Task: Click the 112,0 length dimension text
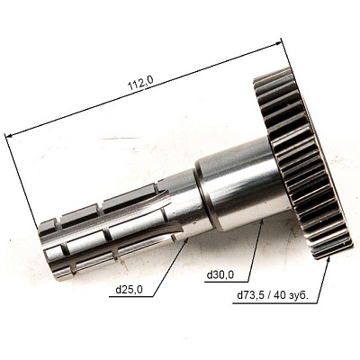[140, 84]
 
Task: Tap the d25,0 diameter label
[130, 290]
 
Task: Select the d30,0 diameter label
[220, 274]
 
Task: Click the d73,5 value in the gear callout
[250, 295]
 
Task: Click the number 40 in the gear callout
[279, 295]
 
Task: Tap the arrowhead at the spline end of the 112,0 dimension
[9, 137]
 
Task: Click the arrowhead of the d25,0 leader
[186, 241]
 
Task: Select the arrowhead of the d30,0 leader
[262, 222]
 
